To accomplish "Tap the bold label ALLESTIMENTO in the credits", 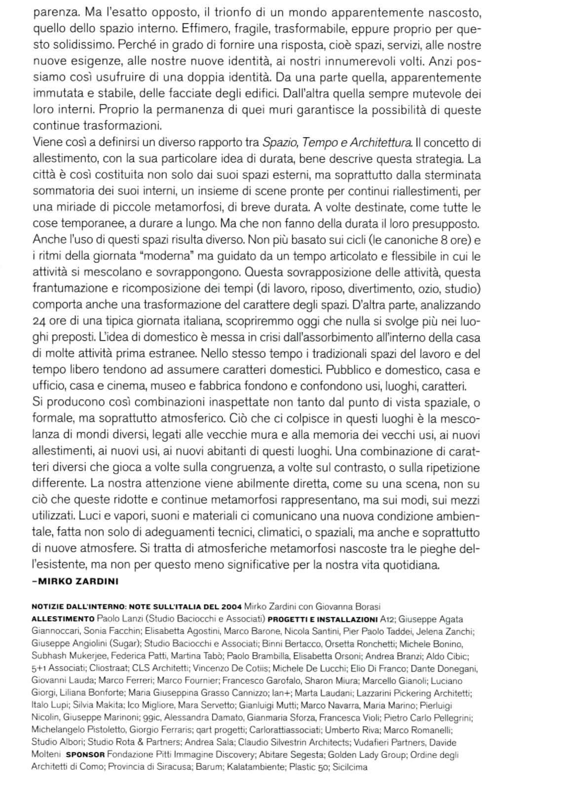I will [63, 619].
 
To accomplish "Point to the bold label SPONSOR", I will [85, 755].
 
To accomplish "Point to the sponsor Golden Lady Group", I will [366, 754].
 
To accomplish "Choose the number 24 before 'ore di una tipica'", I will [38, 321].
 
